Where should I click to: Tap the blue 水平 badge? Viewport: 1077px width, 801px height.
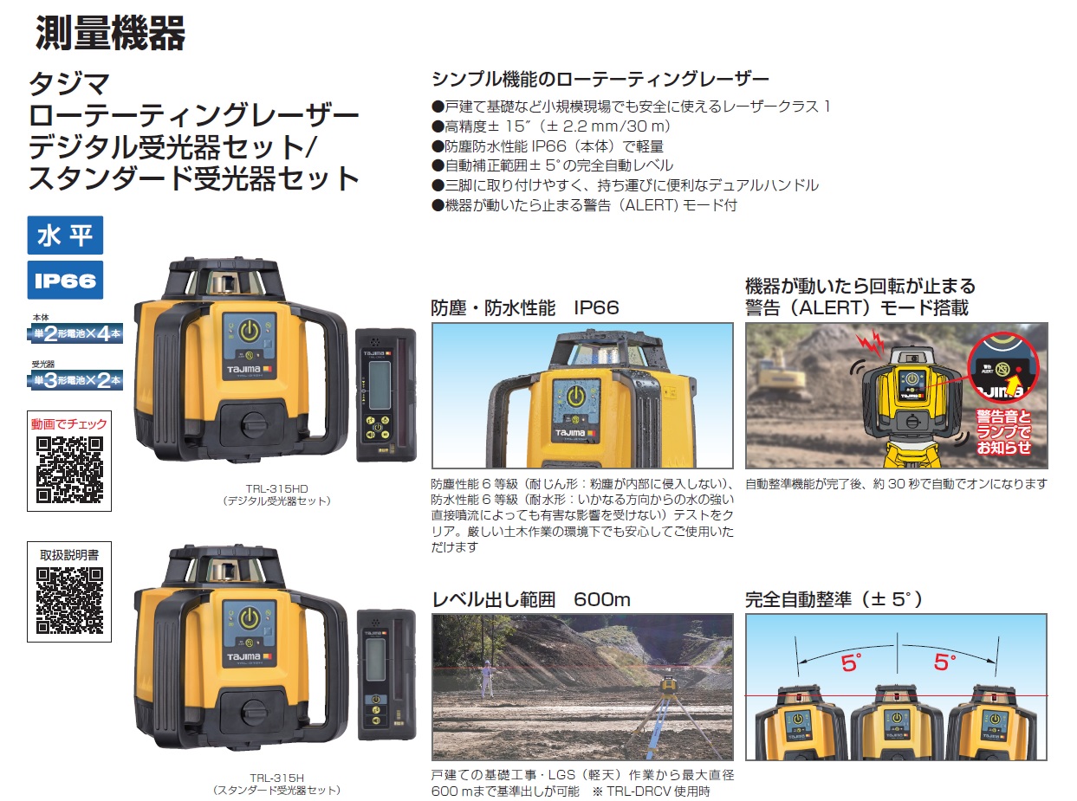point(65,236)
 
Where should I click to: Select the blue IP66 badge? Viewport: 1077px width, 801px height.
point(65,281)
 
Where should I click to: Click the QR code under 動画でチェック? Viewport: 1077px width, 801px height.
point(69,470)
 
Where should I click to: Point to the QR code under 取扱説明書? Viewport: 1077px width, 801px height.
point(69,600)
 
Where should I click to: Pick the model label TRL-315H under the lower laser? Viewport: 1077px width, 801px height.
point(276,778)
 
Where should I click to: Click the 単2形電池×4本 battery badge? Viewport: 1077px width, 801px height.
point(75,333)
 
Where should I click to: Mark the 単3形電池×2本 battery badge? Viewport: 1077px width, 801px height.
point(75,378)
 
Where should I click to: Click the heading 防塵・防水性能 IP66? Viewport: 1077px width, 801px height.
point(524,308)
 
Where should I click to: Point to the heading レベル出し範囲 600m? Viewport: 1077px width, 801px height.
point(531,599)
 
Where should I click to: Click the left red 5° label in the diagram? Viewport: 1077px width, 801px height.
point(851,663)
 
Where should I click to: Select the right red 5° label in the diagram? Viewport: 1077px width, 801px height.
point(944,663)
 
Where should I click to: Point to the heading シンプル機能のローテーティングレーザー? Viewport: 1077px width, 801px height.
point(600,80)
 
